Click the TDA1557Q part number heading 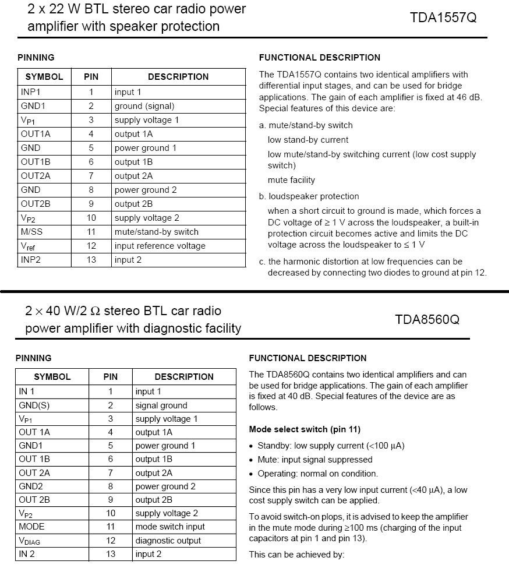coord(443,17)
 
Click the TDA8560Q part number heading coord(427,319)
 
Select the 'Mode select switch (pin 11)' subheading coord(305,429)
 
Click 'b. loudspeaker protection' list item coord(309,196)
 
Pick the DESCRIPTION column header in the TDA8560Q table coord(184,377)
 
